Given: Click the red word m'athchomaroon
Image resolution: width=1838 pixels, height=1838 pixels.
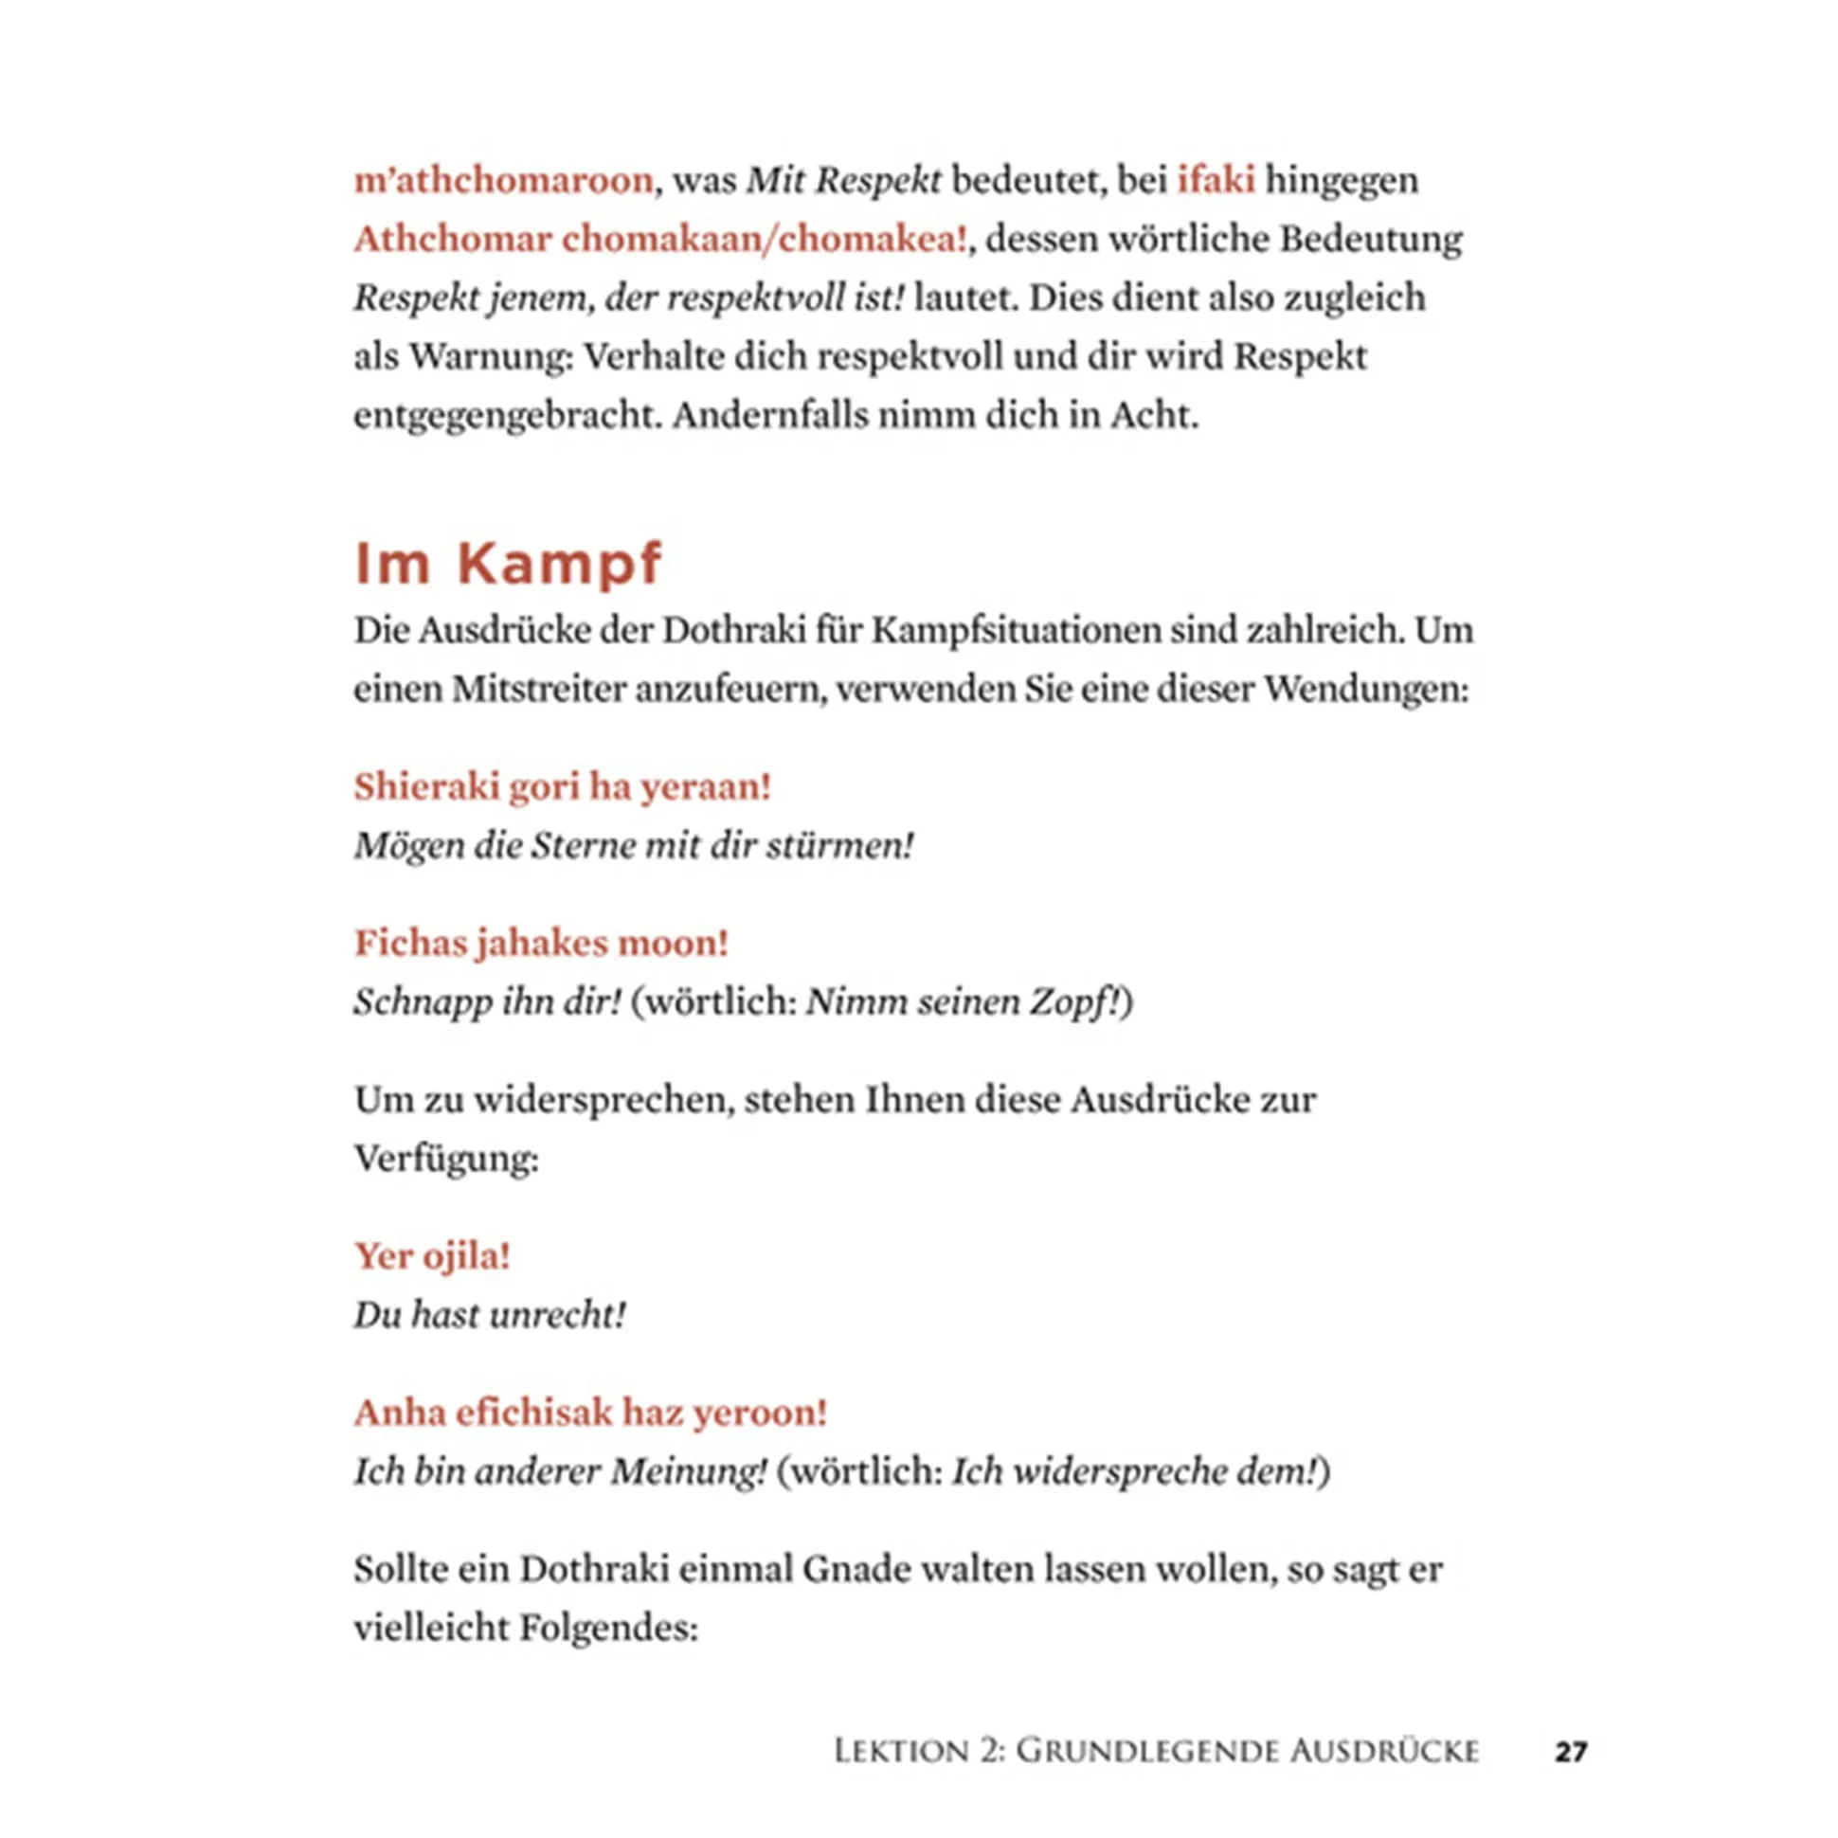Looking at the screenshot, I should pos(503,180).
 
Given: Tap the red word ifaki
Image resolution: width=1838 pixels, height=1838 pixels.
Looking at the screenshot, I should pos(1216,180).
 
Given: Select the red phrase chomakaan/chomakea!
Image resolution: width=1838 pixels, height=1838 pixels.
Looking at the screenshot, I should pos(764,239).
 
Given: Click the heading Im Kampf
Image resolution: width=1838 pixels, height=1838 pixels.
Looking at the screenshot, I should pos(507,563).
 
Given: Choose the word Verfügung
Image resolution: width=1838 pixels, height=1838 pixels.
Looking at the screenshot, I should pos(445,1158).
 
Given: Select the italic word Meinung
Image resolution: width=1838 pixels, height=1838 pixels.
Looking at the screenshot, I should pos(687,1470).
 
